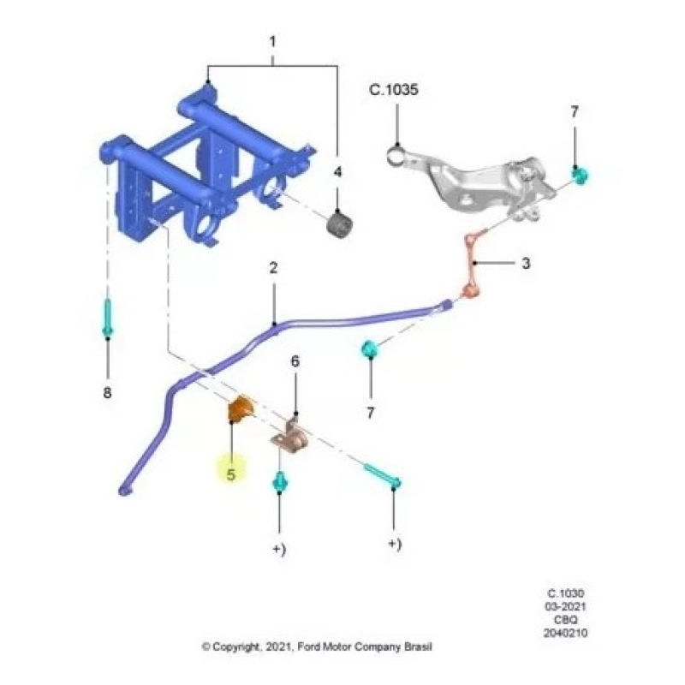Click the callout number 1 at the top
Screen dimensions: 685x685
(x=272, y=42)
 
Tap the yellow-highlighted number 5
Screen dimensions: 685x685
(x=230, y=474)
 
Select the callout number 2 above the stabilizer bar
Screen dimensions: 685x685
(x=273, y=268)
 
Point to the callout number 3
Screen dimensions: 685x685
(x=526, y=263)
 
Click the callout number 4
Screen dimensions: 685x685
(x=337, y=172)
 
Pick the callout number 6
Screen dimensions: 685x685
(x=295, y=361)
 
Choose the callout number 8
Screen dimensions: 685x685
(x=107, y=392)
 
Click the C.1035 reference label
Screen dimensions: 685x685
(x=394, y=90)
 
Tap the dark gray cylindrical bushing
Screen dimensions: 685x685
(x=340, y=224)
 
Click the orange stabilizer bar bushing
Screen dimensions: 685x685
(x=240, y=409)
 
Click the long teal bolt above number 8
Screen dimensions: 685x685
(x=108, y=317)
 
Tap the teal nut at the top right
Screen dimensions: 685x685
(x=580, y=175)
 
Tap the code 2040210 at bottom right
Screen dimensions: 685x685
(x=565, y=633)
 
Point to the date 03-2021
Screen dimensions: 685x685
(x=565, y=606)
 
